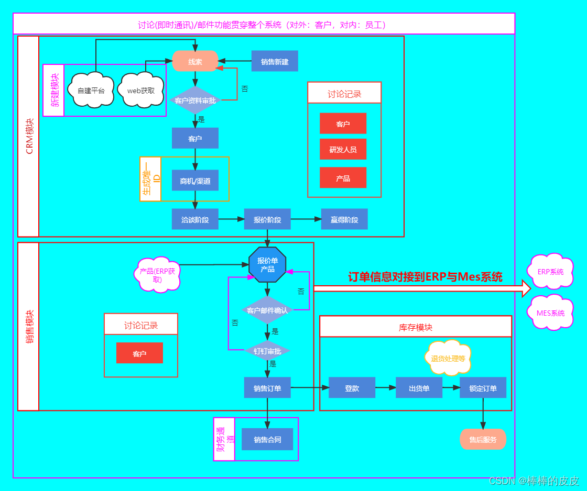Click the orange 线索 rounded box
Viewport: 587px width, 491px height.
195,61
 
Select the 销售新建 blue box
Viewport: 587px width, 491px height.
275,61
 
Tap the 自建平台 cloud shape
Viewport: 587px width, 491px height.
91,90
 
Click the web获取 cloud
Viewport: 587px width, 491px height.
141,90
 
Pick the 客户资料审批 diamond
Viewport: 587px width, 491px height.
195,101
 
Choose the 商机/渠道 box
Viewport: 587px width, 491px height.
195,181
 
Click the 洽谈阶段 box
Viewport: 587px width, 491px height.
195,219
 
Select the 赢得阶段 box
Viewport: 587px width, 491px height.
344,219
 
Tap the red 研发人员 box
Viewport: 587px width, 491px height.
343,149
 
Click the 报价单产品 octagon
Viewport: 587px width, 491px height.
267,265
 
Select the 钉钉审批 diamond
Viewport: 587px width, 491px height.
267,351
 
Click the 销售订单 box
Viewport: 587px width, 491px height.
267,388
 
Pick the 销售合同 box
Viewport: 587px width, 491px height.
267,440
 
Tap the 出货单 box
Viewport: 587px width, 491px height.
419,388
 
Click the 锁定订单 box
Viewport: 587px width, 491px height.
483,388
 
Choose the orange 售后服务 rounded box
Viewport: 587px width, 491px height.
483,440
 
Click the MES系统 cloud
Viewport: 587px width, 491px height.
550,313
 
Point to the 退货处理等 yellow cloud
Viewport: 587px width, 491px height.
448,359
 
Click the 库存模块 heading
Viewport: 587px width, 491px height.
415,327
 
